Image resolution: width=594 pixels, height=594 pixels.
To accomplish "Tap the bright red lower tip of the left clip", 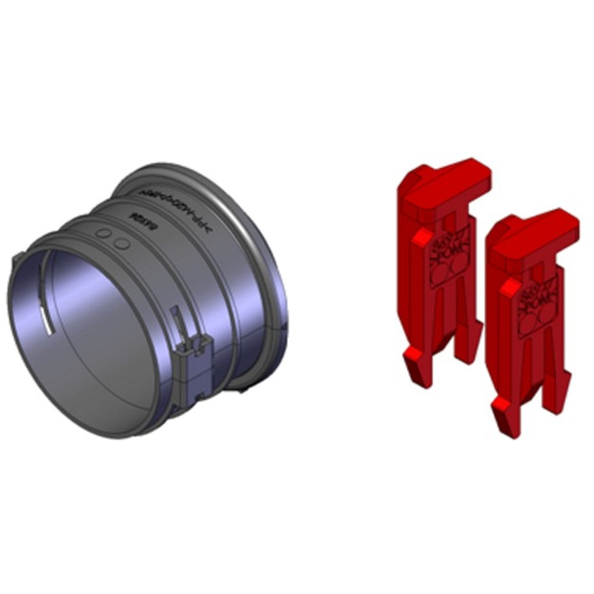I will click(412, 356).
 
